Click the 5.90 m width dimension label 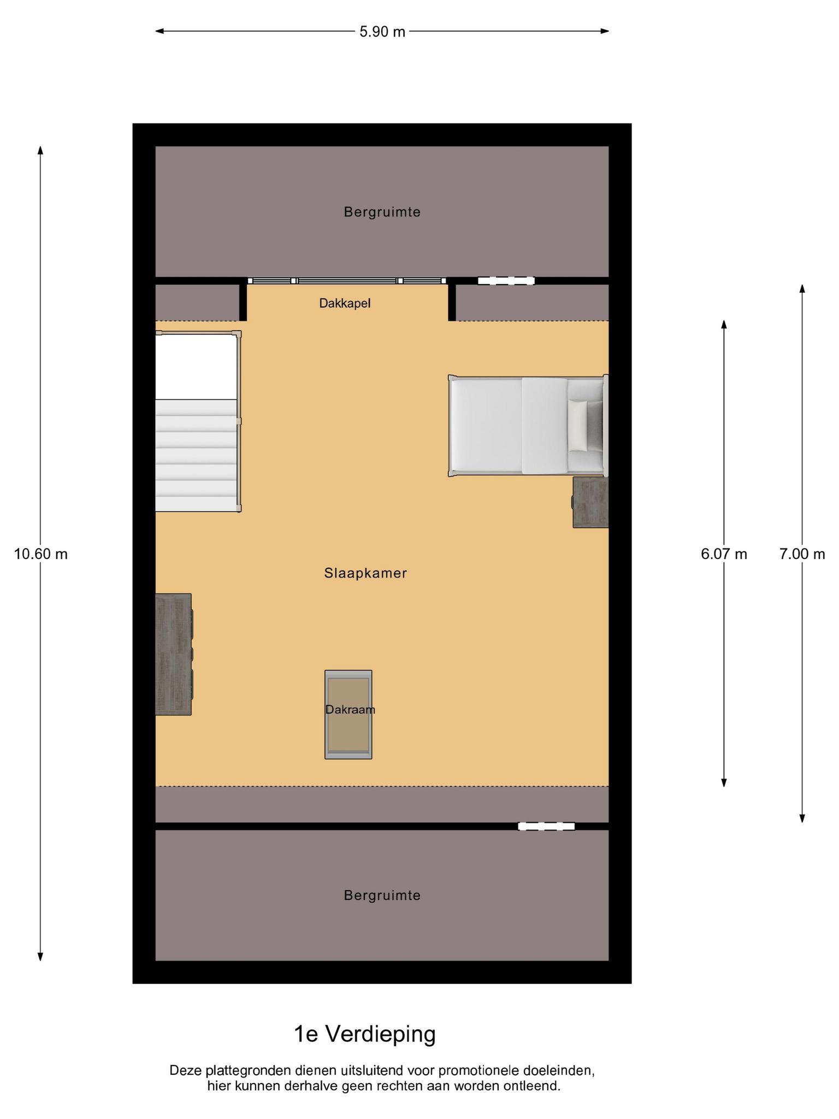point(382,32)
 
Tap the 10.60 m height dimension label point(41,554)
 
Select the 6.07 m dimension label point(724,554)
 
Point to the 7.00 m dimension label point(802,554)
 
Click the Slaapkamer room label point(365,573)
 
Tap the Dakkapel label point(345,303)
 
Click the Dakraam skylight point(348,714)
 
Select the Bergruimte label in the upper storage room point(382,212)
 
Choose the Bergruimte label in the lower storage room point(382,896)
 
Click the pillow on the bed point(578,426)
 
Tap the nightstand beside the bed point(590,502)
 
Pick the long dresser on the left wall point(174,654)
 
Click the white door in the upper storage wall point(506,281)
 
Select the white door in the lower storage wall point(546,826)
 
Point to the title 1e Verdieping point(365,1034)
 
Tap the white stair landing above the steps point(197,367)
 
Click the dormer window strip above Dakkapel point(347,281)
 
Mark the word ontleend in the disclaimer point(535,1086)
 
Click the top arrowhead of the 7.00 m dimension point(802,288)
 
